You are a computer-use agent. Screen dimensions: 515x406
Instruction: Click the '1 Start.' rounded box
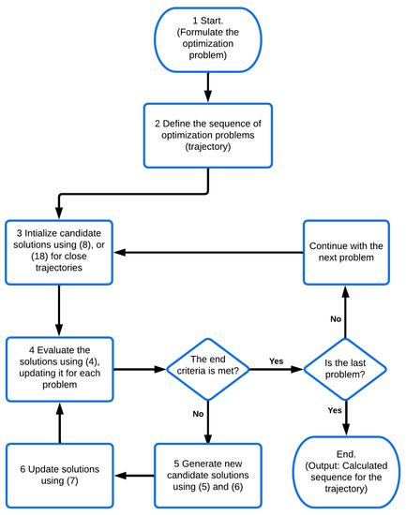pyautogui.click(x=205, y=38)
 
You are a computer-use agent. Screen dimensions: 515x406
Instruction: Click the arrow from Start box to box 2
pyautogui.click(x=205, y=89)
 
